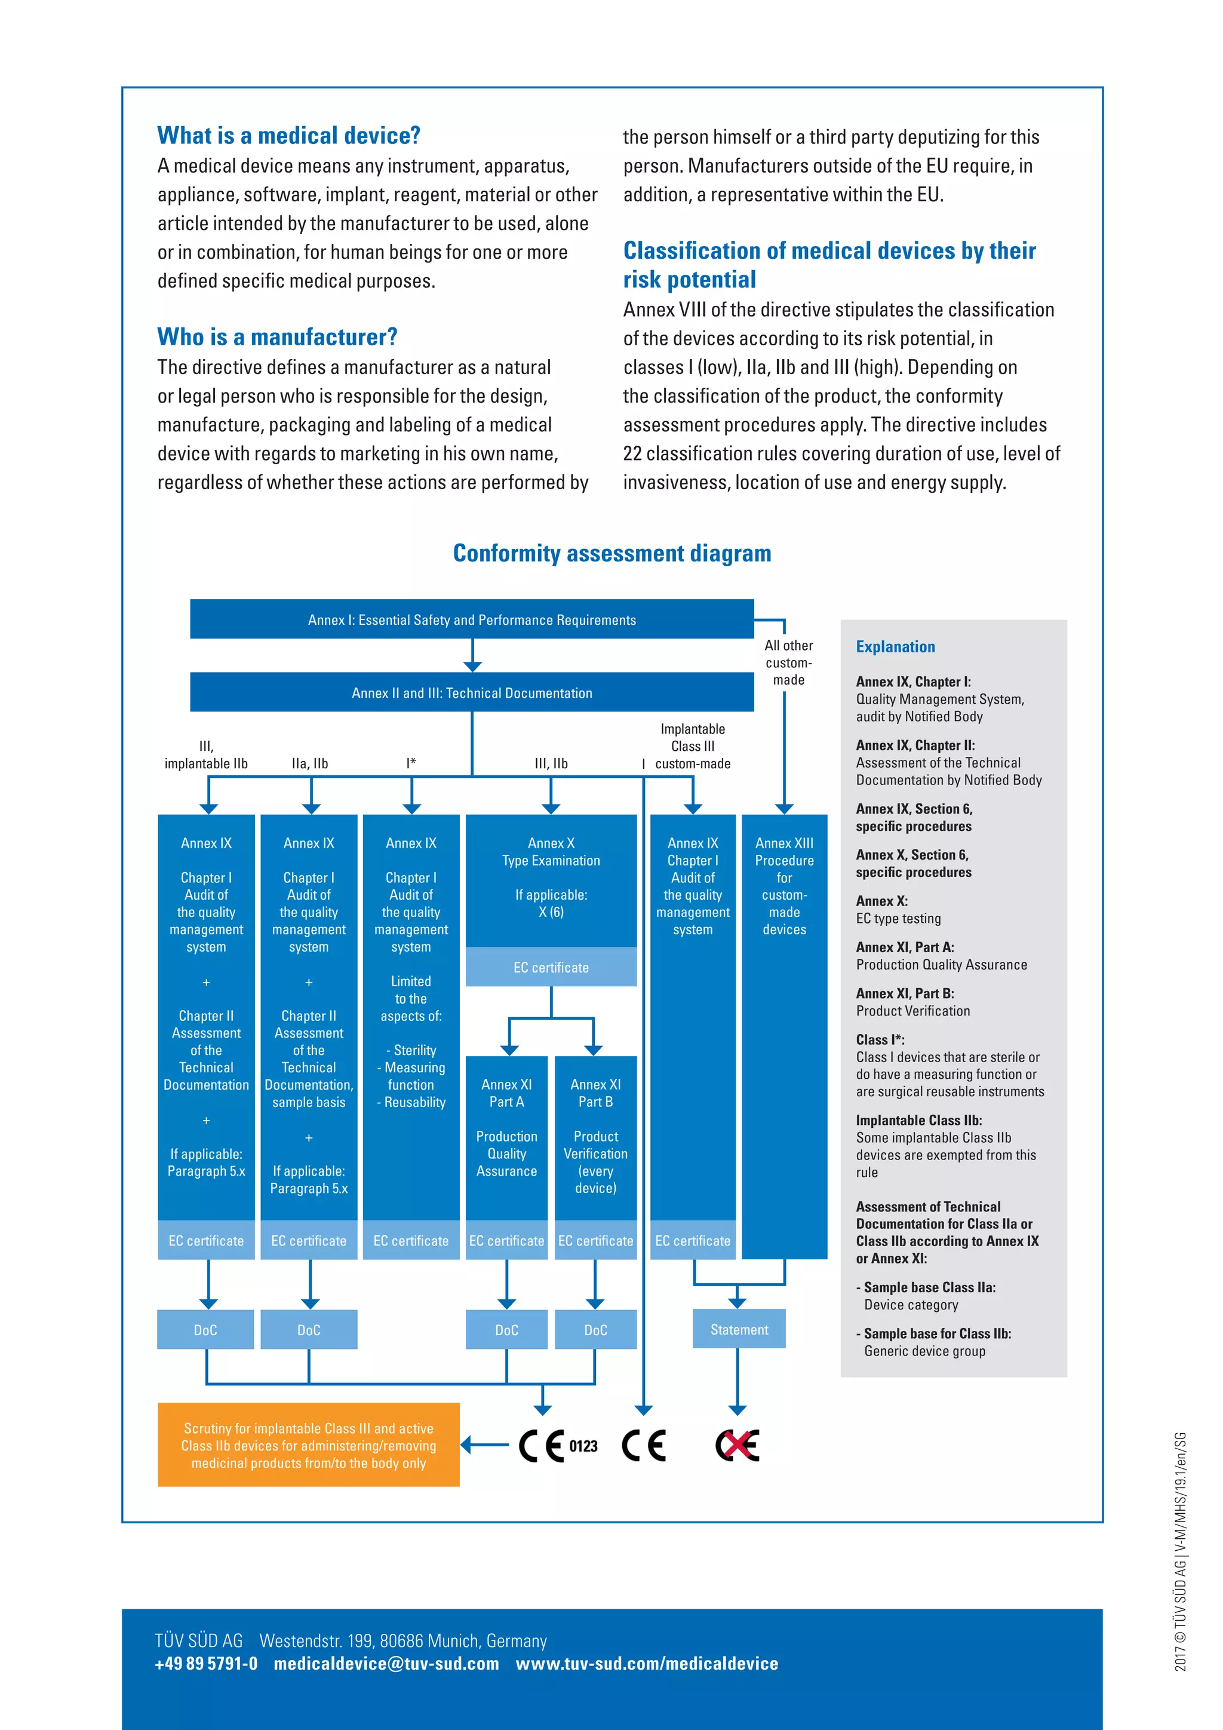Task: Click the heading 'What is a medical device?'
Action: tap(288, 136)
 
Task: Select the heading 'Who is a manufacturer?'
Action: tap(277, 337)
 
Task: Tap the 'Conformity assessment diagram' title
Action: tap(611, 553)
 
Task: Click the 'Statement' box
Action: tap(739, 1330)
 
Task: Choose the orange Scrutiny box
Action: tap(309, 1445)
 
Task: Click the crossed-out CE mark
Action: tap(738, 1445)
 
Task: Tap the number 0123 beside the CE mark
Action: tap(583, 1446)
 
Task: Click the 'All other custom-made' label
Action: tap(788, 662)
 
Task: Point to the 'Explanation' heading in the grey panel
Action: tap(895, 646)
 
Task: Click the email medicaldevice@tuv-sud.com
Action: tap(386, 1664)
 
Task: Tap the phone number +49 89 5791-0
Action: tap(205, 1664)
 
